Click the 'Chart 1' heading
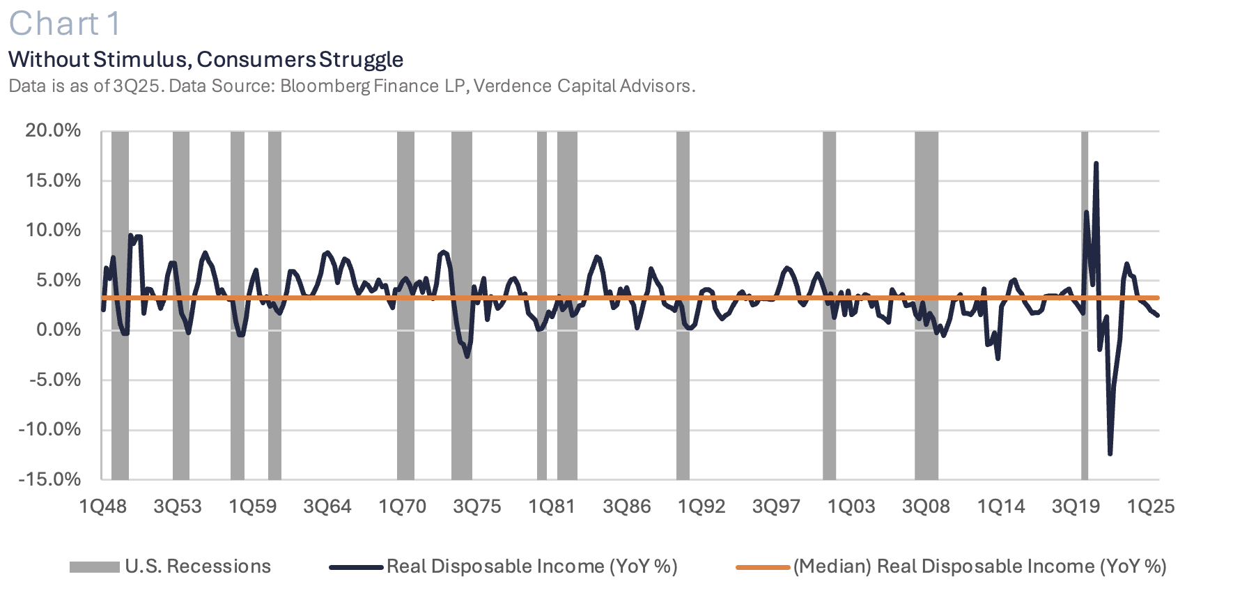tap(65, 24)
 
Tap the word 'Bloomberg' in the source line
tap(325, 86)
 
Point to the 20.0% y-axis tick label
tap(53, 130)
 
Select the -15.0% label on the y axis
tap(49, 479)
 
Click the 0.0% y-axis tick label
tap(59, 330)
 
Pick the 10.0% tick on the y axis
tap(53, 230)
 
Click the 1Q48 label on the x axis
tap(103, 507)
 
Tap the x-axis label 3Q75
tap(477, 507)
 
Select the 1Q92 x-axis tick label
tap(701, 507)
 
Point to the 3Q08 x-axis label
tap(926, 507)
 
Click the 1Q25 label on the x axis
tap(1151, 507)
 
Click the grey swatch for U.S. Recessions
tap(95, 567)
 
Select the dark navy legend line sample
tap(356, 567)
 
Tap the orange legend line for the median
tap(763, 567)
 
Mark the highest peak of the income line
tap(1096, 163)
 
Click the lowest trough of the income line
tap(1110, 454)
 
